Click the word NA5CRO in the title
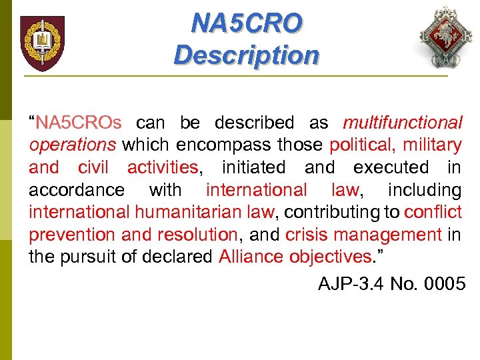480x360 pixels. pos(246,24)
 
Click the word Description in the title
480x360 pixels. pos(246,55)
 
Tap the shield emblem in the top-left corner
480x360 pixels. pos(42,43)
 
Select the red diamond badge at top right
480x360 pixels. pos(444,38)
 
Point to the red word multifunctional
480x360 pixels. pos(402,123)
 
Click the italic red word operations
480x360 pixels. pos(72,145)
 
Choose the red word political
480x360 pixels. pos(361,145)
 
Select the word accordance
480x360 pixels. pos(76,190)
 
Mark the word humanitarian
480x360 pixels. pos(192,213)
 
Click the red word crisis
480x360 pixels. pos(305,235)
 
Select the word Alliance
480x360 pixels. pos(251,257)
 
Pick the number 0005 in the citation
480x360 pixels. pos(441,285)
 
